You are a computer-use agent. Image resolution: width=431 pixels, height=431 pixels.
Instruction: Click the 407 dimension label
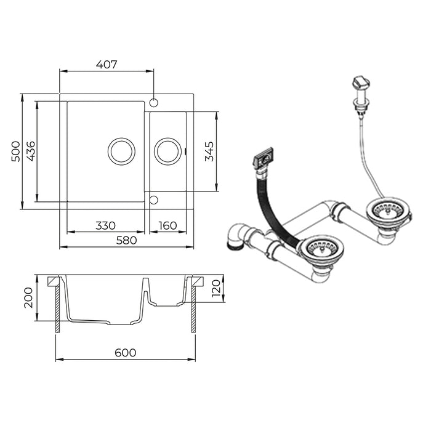click(107, 65)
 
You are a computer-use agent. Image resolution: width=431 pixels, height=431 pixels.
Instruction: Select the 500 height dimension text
click(15, 151)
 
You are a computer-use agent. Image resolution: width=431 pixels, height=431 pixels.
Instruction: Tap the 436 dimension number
click(31, 151)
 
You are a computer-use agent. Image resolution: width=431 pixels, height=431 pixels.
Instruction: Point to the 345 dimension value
click(209, 151)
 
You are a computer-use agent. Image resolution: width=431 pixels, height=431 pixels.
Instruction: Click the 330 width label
click(105, 226)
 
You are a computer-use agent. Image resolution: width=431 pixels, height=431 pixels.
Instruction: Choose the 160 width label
click(167, 226)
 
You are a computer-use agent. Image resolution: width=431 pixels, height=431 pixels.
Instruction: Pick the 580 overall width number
click(126, 241)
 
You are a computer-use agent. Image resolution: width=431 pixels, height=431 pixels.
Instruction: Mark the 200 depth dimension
click(28, 297)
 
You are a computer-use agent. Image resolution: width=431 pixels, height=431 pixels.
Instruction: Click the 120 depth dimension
click(216, 288)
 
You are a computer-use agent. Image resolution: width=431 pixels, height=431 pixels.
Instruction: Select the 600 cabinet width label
click(126, 353)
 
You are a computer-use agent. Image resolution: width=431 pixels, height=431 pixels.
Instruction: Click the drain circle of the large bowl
click(121, 151)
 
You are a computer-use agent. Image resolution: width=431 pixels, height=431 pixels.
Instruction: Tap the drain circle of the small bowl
click(167, 151)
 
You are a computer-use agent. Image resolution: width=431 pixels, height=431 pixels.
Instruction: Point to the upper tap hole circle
click(154, 103)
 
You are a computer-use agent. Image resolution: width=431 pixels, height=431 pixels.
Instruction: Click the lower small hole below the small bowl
click(154, 200)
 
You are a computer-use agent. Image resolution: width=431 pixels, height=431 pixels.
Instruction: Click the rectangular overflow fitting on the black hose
click(264, 159)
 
